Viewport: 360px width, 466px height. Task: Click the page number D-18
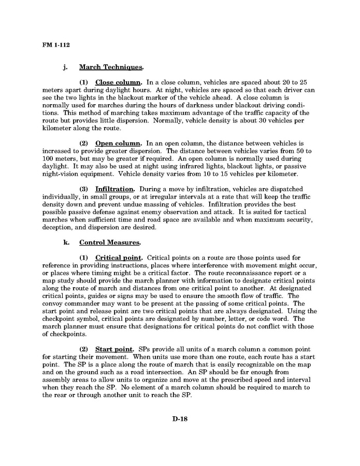click(x=180, y=419)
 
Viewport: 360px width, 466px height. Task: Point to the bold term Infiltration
click(x=115, y=189)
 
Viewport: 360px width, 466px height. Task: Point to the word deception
click(x=58, y=227)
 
